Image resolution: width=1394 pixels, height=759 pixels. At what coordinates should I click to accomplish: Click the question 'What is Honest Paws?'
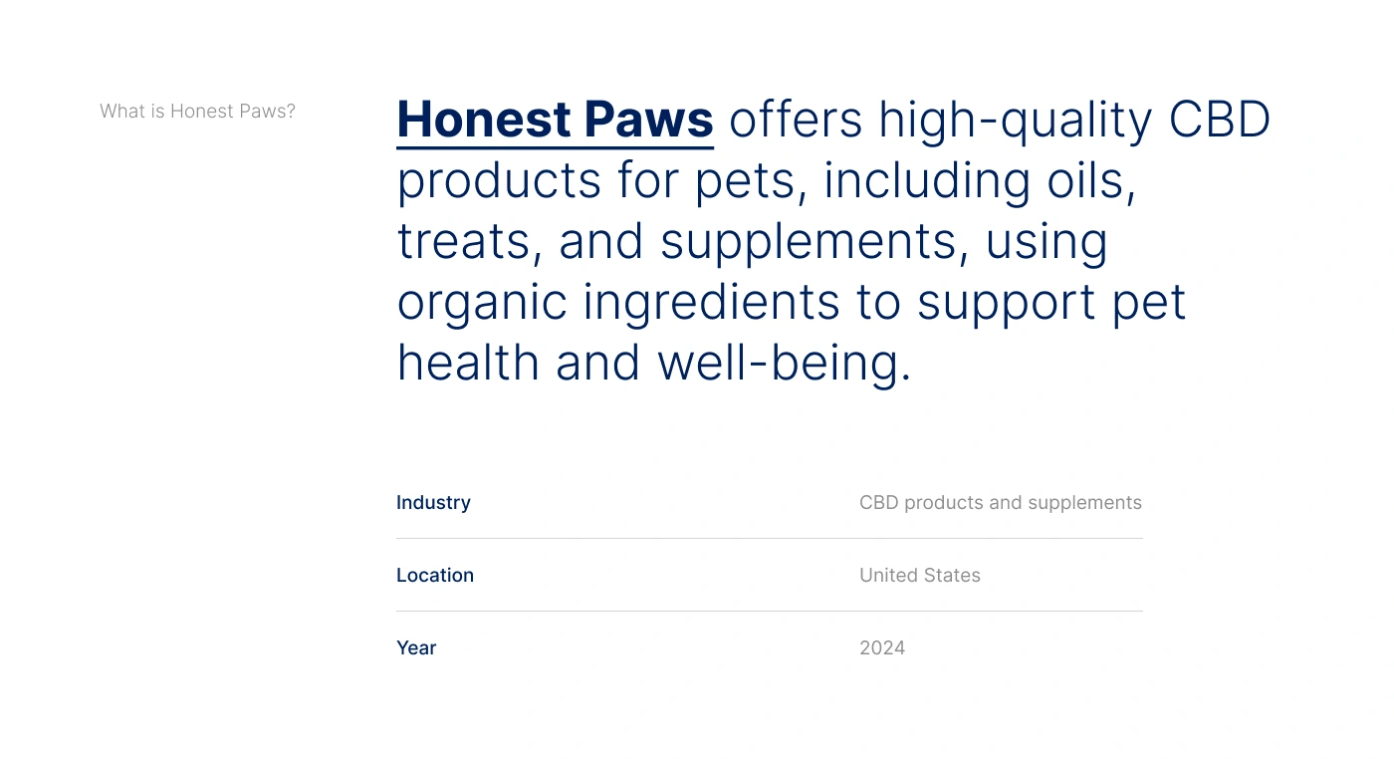pos(197,111)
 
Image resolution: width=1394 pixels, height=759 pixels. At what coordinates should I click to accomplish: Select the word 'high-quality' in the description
pos(1015,122)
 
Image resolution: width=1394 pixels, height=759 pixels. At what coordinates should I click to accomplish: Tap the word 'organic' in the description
pos(482,304)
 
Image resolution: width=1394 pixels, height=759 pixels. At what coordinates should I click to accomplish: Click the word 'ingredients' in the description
pos(711,304)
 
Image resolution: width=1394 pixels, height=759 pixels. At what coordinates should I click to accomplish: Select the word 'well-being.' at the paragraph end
pos(785,364)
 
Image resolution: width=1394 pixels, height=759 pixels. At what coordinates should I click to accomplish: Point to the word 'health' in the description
pos(468,363)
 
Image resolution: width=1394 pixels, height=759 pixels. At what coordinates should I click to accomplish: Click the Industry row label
pos(434,503)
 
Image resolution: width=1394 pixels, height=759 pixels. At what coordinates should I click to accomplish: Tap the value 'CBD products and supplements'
pos(1001,503)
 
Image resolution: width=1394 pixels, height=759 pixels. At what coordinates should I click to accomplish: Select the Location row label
pos(435,576)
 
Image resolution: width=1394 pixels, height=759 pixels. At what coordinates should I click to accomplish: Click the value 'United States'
pos(920,576)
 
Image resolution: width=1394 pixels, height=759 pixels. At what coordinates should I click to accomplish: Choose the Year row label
pos(416,648)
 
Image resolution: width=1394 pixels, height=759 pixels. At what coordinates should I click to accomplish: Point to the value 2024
pos(882,648)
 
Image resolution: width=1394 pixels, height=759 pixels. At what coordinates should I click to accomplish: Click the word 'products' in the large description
pos(499,182)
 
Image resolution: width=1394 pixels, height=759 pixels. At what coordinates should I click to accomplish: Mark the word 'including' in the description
pos(927,182)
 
